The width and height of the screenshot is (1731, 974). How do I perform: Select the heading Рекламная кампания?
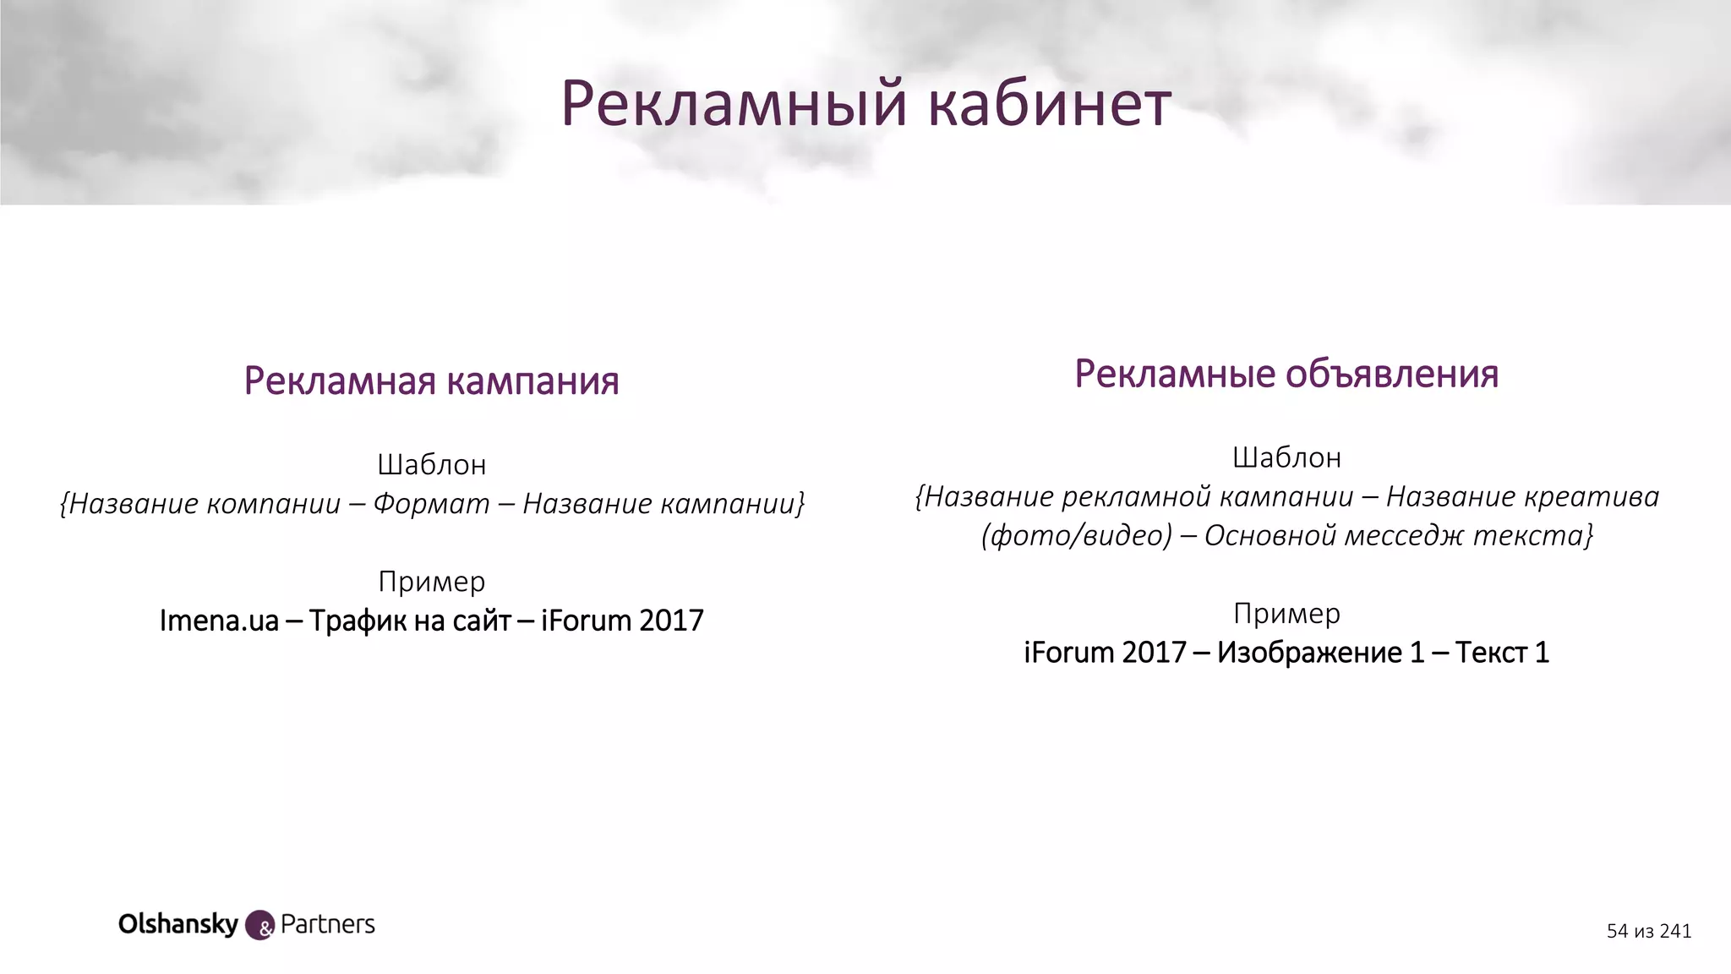pos(431,381)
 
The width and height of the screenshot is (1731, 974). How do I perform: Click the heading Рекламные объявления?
pos(1286,375)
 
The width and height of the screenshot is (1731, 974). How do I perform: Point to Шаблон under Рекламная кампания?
pos(431,464)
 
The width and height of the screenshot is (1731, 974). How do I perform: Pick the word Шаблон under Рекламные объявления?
pos(1286,457)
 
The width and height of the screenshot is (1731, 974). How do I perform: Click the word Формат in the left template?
pos(431,504)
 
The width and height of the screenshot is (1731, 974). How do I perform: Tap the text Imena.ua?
pos(219,621)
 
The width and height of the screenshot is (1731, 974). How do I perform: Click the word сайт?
pos(482,621)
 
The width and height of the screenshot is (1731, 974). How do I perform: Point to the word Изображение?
pos(1308,653)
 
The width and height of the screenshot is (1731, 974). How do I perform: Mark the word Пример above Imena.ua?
pos(431,582)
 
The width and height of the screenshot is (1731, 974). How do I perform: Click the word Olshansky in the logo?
pos(178,924)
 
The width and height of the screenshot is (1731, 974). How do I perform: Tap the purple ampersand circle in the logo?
pos(259,926)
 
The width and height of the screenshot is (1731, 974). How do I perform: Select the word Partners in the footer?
pos(328,924)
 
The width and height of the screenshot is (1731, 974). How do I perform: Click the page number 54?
pos(1617,931)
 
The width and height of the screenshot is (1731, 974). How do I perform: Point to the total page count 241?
pos(1675,931)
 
